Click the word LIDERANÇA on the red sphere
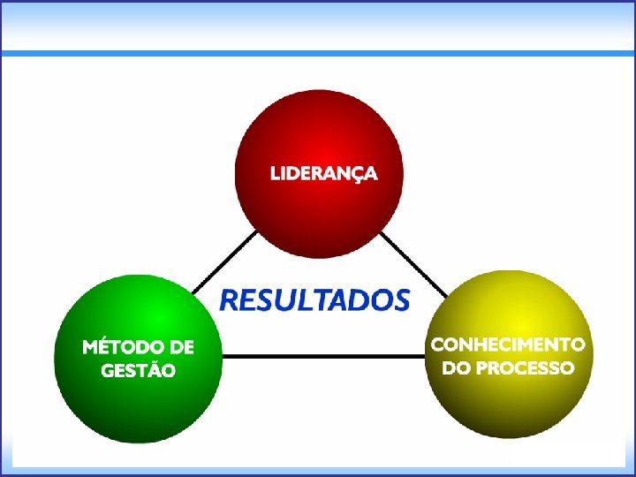[x=323, y=173]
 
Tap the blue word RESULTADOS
[x=314, y=300]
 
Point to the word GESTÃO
[x=138, y=370]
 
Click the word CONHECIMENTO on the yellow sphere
[x=507, y=344]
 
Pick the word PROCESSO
[x=525, y=367]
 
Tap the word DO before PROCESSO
[x=456, y=367]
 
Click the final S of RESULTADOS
[x=400, y=300]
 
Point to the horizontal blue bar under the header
[x=318, y=54]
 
